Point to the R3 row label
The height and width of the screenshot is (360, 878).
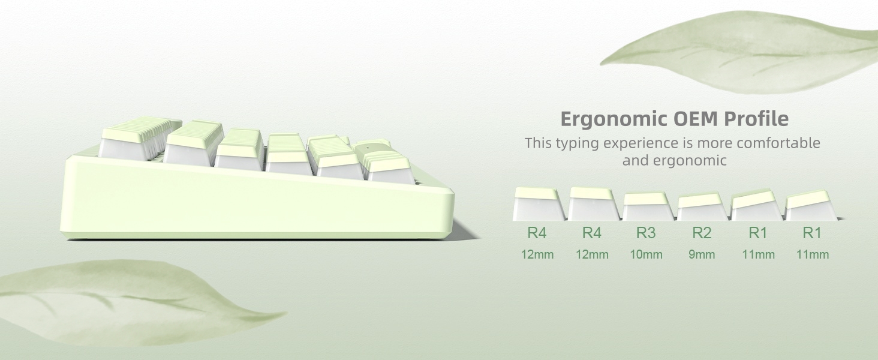[646, 232]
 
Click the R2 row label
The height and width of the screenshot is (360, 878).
[702, 232]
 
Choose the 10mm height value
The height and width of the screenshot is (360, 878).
[646, 254]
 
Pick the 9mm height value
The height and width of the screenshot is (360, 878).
[702, 254]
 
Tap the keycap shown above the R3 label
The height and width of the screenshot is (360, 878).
[646, 206]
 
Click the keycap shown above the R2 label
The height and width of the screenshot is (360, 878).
[702, 206]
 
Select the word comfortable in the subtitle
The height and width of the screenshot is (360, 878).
[778, 143]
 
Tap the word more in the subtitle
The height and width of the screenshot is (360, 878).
[714, 143]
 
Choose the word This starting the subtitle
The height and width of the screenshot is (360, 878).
[538, 143]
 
